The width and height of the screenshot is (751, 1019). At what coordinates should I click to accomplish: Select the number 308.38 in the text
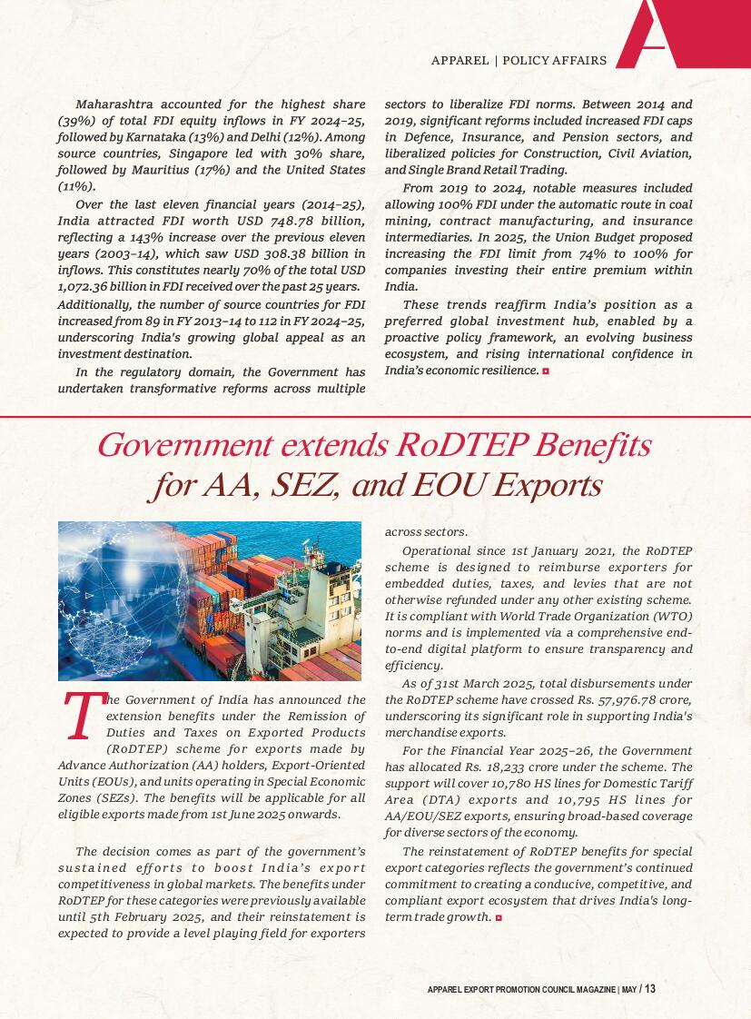[295, 253]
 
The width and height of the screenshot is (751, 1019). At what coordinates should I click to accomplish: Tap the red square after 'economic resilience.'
[545, 371]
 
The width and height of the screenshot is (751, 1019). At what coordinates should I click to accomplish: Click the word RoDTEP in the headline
[463, 446]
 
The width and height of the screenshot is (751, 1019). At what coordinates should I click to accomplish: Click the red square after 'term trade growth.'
[499, 918]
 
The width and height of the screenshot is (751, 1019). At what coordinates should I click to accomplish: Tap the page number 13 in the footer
[650, 989]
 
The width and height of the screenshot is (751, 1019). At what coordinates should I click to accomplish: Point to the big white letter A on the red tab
[658, 34]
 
